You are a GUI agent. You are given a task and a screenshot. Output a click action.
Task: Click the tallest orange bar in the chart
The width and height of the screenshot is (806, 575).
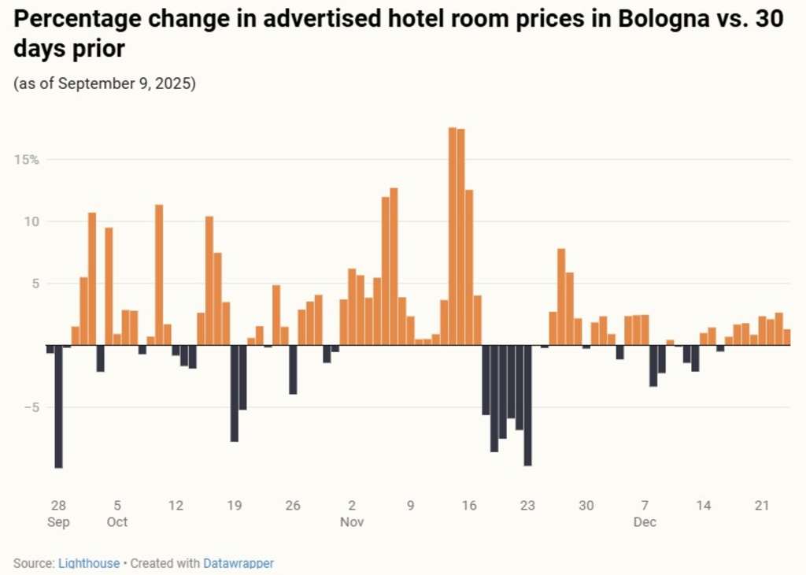pos(453,236)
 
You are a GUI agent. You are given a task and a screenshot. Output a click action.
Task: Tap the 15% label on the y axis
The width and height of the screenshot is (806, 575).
pos(26,160)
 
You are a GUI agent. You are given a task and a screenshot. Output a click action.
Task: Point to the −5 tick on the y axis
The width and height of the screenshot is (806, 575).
pos(30,407)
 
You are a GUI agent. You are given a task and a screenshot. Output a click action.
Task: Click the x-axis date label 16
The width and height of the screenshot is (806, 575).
pos(469,506)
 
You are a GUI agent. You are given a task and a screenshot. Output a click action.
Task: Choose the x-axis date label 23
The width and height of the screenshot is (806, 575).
pos(527,506)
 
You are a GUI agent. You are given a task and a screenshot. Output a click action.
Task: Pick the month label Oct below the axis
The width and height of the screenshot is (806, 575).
pos(116,522)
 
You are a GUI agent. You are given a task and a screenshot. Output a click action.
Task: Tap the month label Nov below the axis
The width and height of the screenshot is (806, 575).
pos(352,522)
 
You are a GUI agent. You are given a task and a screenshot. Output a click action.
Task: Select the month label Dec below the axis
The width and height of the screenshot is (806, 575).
pos(645,522)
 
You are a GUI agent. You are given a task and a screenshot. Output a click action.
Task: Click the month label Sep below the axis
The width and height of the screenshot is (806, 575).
pos(58,522)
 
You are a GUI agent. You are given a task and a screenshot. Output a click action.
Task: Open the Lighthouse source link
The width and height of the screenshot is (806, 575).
pos(89,563)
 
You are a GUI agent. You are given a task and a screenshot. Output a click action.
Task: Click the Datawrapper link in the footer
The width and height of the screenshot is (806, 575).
pos(238,563)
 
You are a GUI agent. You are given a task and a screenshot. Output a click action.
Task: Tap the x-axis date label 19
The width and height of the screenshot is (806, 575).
pos(234,506)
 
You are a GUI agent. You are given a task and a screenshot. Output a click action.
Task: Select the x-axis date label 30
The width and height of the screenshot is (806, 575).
pos(586,506)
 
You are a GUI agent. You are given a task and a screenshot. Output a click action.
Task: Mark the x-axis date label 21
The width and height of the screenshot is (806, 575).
pos(762,506)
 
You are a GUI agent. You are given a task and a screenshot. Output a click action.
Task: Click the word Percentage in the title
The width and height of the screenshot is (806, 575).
pos(70,20)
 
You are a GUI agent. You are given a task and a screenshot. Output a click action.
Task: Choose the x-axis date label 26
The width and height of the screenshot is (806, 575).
pos(293,506)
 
